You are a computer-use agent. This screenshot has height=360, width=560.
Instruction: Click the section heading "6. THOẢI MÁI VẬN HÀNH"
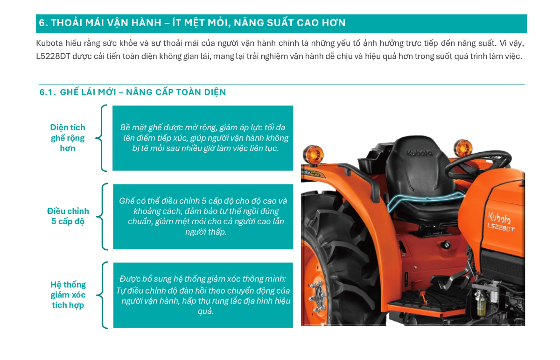click(x=100, y=23)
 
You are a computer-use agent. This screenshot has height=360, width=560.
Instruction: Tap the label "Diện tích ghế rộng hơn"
click(x=68, y=138)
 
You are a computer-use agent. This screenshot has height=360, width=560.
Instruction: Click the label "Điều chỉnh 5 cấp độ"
click(x=68, y=216)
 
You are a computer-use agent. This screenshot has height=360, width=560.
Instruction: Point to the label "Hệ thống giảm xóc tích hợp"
click(x=68, y=295)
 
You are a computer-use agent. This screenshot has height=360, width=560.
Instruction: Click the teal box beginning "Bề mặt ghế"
click(x=203, y=138)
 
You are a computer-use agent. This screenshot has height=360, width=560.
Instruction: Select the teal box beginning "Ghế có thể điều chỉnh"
click(x=203, y=217)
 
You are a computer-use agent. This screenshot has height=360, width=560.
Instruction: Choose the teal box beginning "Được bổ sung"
click(x=203, y=295)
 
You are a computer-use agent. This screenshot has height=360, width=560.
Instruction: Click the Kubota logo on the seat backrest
click(x=419, y=152)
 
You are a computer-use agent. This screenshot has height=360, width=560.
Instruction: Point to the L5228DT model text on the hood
click(x=501, y=228)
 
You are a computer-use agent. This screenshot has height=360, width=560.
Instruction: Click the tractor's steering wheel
click(x=477, y=165)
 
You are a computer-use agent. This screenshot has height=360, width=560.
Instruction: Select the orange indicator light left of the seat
click(x=313, y=155)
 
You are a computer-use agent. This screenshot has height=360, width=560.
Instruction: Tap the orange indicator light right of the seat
click(x=463, y=148)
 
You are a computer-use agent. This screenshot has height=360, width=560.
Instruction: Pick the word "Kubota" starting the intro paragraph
click(x=49, y=43)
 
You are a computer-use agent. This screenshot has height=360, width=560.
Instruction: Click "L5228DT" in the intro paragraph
click(x=53, y=56)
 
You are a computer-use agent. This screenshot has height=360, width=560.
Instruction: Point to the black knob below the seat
click(x=446, y=244)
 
